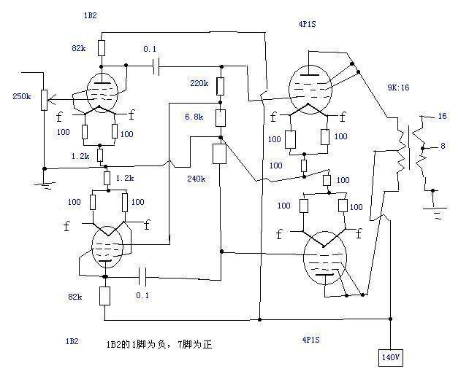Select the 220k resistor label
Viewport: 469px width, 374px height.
199,83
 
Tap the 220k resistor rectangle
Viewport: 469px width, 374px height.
221,85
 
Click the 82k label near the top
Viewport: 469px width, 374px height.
80,48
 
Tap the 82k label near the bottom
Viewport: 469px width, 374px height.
76,297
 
